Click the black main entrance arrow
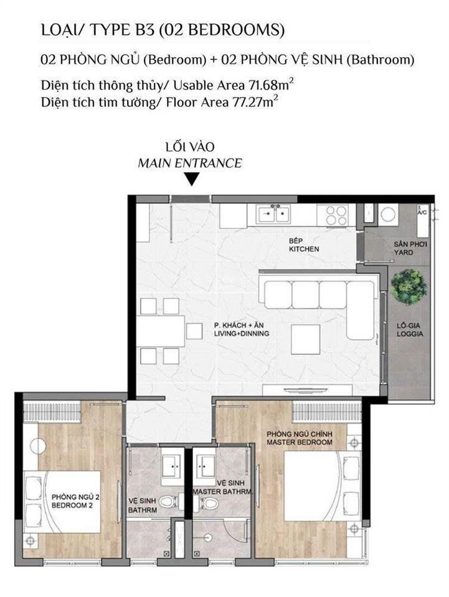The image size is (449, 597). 192,179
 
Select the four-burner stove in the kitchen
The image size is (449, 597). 336,215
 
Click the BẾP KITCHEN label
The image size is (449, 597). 304,245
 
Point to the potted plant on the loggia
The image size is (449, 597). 409,287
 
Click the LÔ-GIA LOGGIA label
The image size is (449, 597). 409,330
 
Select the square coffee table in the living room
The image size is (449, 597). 306,340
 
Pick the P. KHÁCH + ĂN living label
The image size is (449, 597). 242,330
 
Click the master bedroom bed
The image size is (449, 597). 323,486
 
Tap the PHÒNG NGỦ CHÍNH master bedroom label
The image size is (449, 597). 300,438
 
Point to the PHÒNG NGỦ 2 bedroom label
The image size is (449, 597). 75,501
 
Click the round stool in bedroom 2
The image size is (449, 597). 38,446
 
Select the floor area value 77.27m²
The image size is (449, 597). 253,102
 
